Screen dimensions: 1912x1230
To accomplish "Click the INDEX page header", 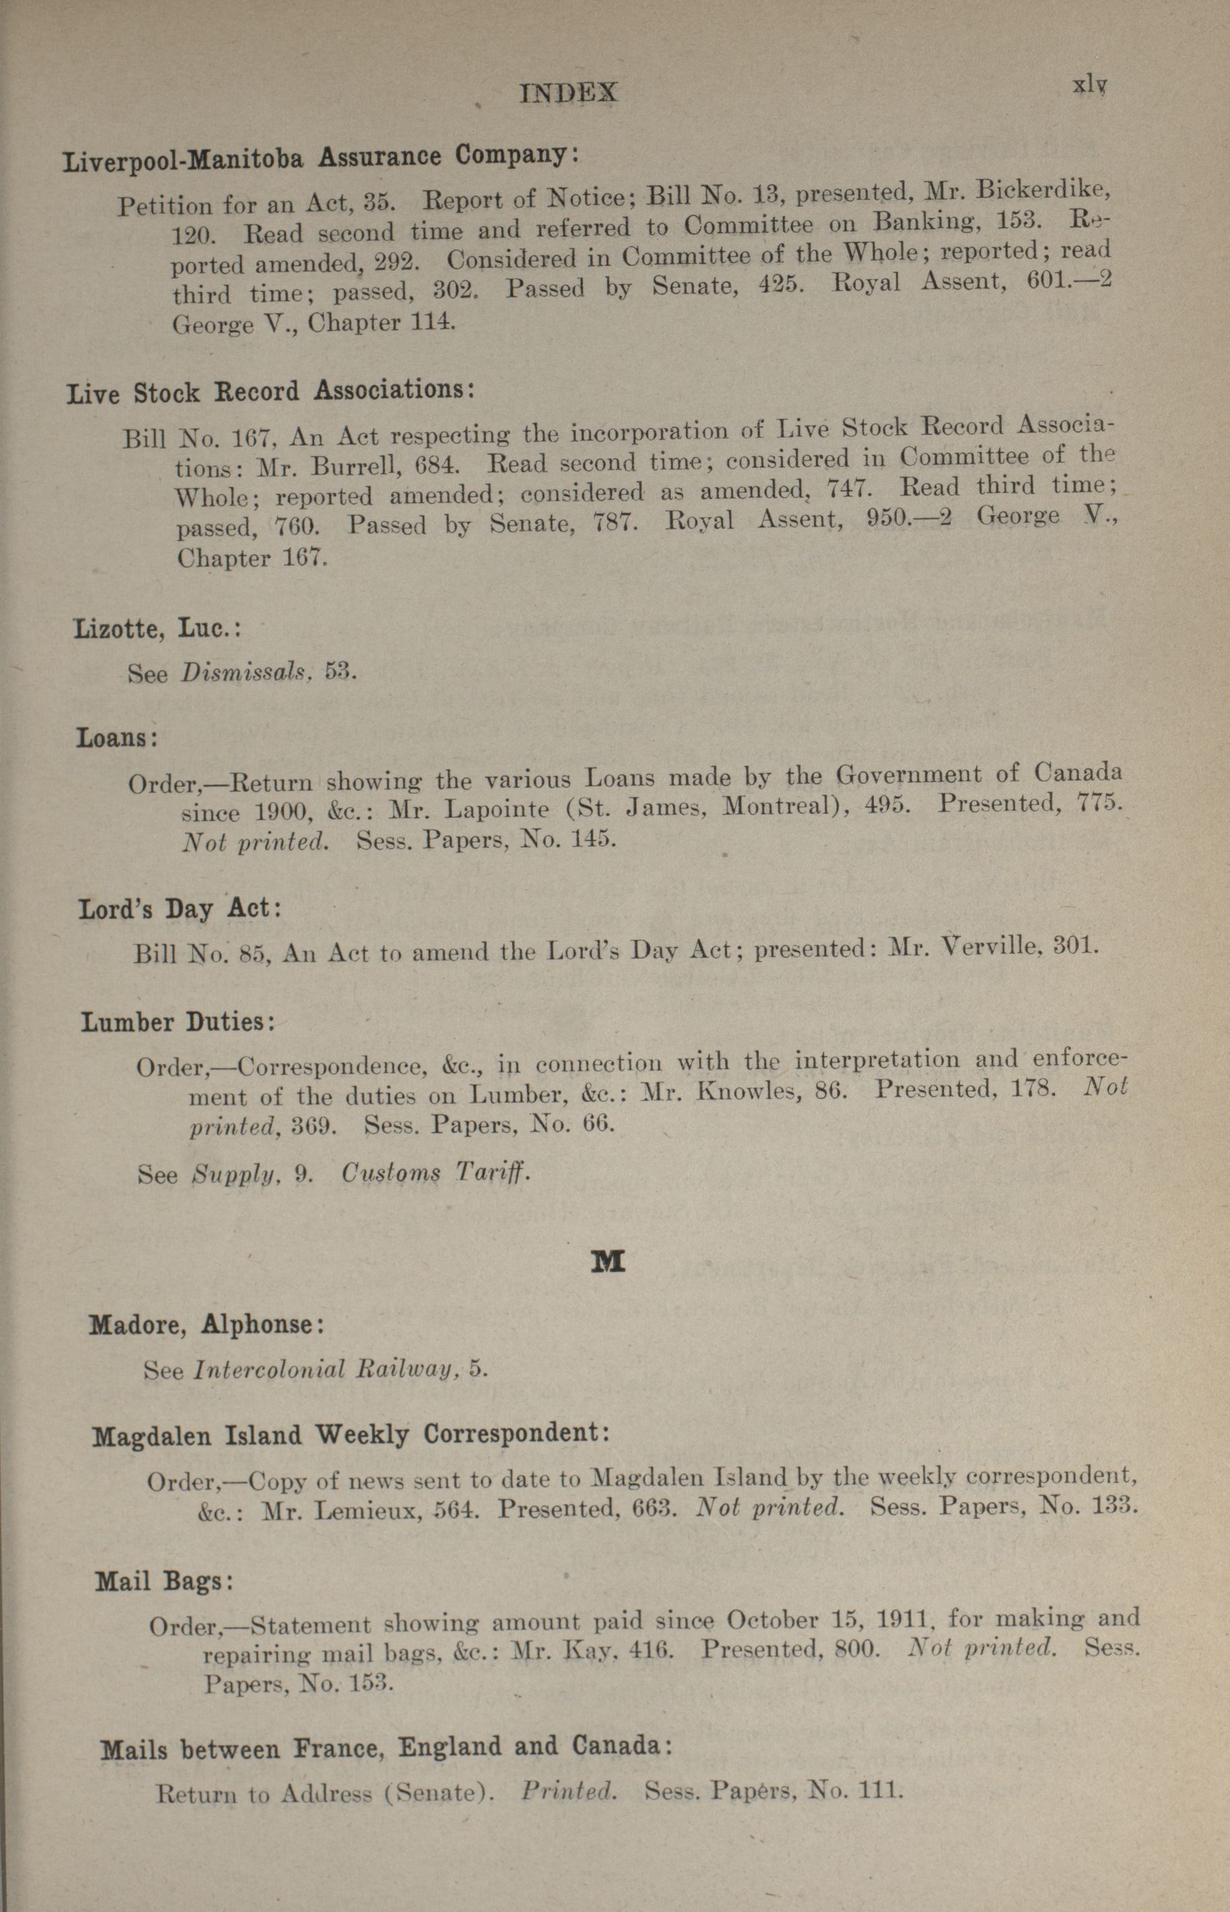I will tap(568, 94).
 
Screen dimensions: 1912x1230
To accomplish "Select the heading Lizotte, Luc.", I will tap(157, 629).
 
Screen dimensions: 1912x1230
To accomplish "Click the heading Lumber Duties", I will tap(178, 1022).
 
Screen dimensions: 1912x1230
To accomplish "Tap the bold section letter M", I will tap(607, 1261).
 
